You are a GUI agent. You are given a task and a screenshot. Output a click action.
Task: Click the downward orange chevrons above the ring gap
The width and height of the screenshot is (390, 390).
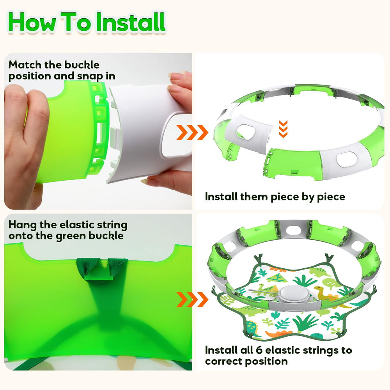[x=284, y=128]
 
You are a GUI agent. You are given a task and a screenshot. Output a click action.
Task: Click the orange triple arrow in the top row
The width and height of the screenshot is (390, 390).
[x=192, y=133]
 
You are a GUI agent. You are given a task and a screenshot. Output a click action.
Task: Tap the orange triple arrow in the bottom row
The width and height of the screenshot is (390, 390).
[x=192, y=299]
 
